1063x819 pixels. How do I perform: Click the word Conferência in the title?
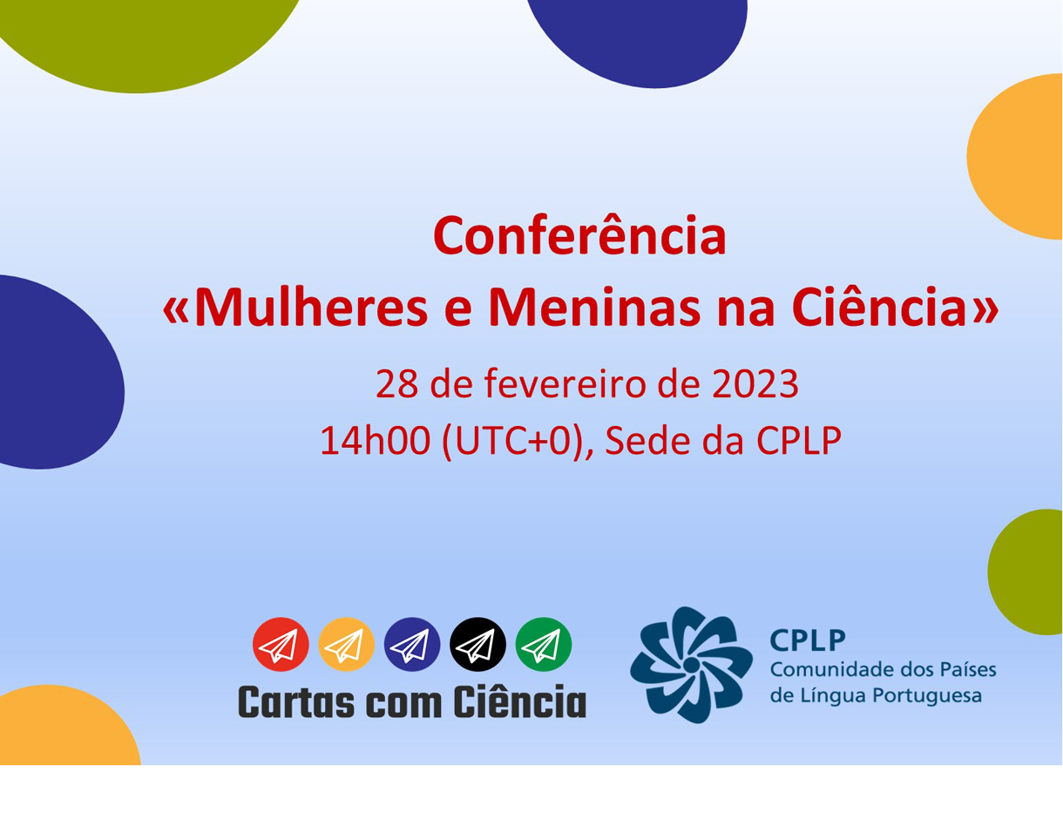579,236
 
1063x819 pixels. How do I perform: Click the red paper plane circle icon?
281,645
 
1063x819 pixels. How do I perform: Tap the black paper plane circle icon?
477,645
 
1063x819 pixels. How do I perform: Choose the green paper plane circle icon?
544,645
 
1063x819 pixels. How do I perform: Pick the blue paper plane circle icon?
412,645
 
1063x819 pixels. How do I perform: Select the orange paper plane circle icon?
346,645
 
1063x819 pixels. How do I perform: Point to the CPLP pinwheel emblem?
691,665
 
